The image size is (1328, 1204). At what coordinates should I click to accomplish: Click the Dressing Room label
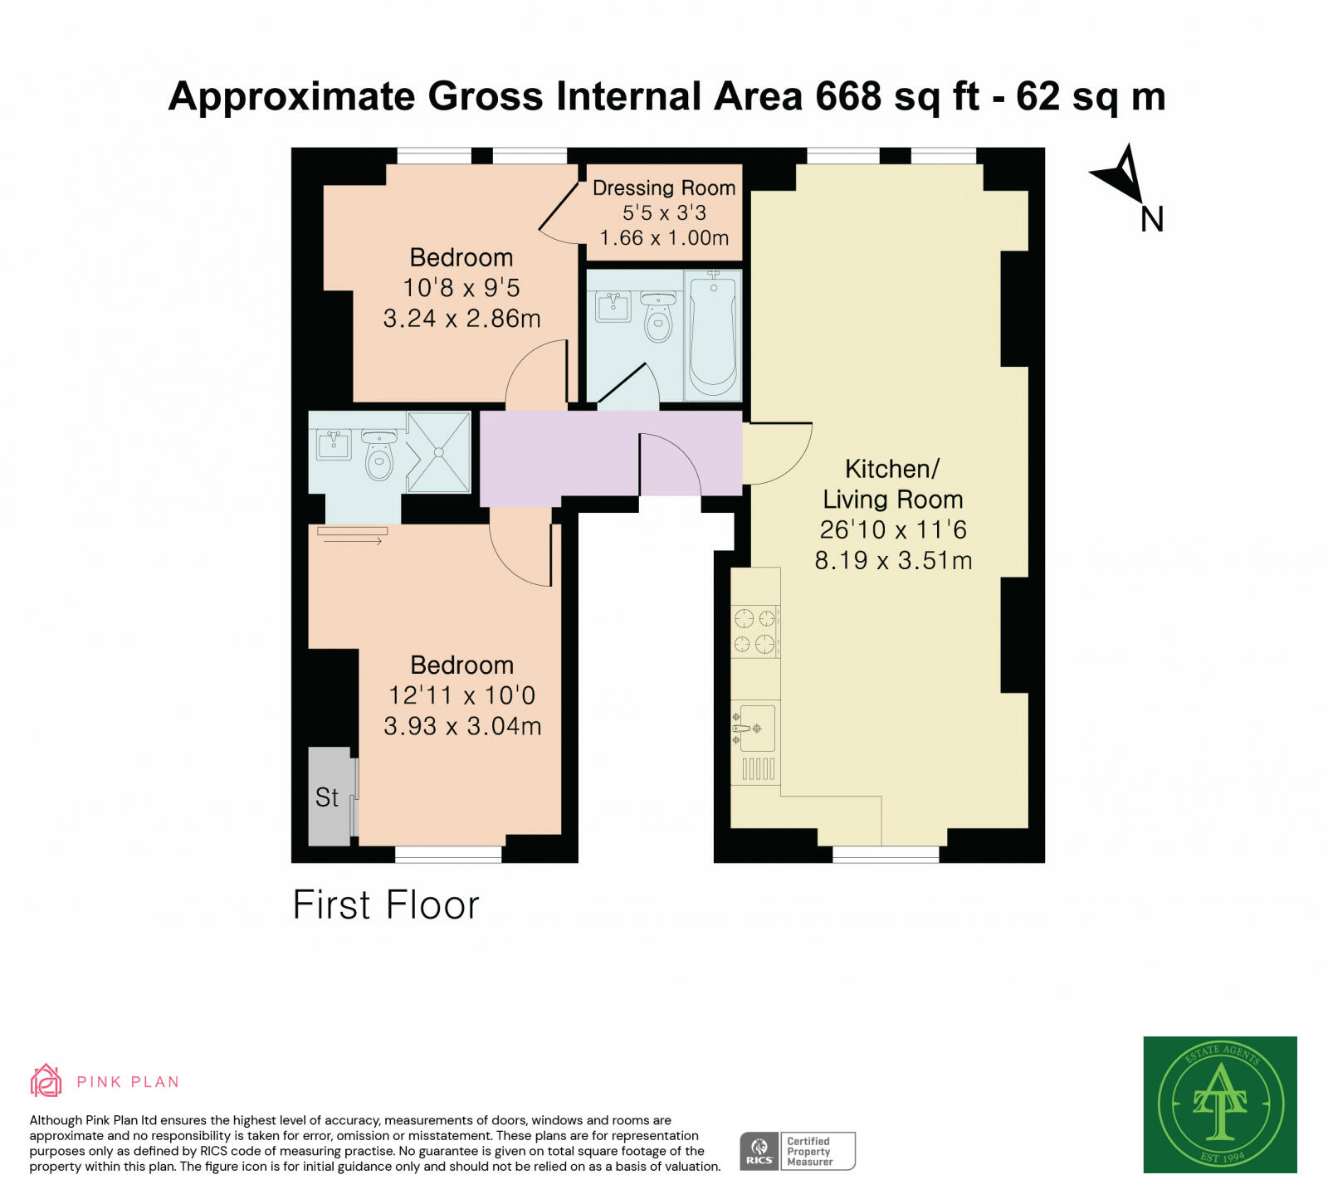(x=664, y=188)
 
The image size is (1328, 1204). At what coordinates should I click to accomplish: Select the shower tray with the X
(x=438, y=452)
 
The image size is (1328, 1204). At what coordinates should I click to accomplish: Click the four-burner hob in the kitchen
(x=755, y=631)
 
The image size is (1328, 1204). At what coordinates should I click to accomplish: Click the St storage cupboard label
(x=327, y=797)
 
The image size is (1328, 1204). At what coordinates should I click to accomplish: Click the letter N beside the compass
(x=1152, y=220)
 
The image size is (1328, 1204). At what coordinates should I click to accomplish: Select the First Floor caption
(x=386, y=905)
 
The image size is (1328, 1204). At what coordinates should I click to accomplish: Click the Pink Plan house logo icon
(x=46, y=1080)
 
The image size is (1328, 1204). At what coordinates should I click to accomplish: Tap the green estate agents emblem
(x=1220, y=1104)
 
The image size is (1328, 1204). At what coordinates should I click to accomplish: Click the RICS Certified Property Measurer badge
(x=798, y=1151)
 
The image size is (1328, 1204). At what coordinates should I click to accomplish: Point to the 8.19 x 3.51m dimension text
(x=893, y=561)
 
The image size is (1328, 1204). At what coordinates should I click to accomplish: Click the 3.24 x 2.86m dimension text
(x=462, y=319)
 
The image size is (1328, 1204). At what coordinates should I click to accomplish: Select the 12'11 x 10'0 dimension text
(x=462, y=695)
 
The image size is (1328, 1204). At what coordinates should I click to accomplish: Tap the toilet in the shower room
(x=379, y=457)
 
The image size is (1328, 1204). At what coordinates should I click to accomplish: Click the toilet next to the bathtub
(x=658, y=317)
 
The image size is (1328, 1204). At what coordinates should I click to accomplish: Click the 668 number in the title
(x=848, y=96)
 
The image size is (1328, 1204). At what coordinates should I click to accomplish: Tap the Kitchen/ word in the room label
(x=892, y=469)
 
